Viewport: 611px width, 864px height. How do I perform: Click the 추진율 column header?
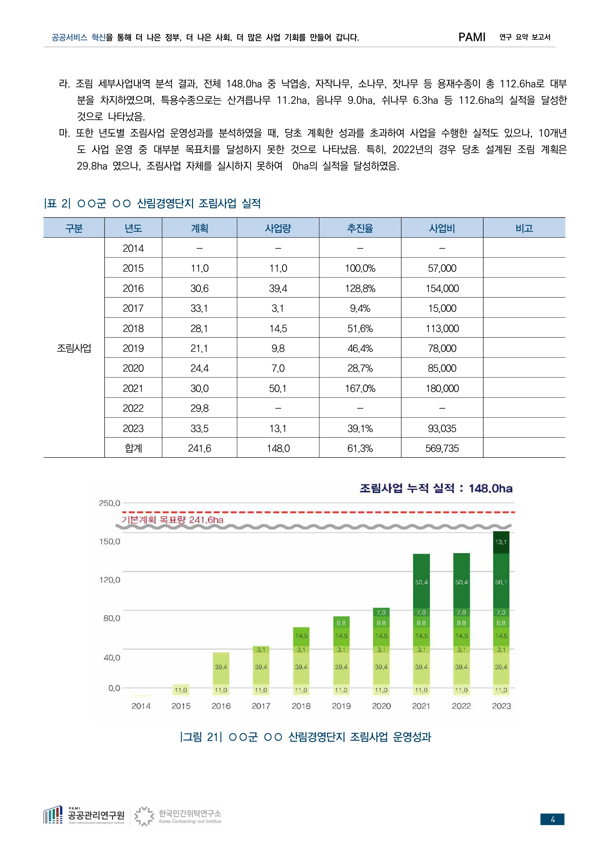point(360,228)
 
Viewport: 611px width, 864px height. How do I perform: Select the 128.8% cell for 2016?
point(360,288)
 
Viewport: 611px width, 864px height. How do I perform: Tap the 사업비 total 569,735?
point(442,448)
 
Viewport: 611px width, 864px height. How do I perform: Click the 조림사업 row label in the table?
point(74,348)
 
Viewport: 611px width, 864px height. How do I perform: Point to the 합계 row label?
point(133,448)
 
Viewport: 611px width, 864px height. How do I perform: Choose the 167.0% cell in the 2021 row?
point(360,388)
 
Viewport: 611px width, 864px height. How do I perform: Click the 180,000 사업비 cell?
point(442,388)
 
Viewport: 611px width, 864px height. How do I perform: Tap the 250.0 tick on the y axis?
point(110,503)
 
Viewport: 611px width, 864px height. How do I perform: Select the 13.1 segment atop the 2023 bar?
point(501,542)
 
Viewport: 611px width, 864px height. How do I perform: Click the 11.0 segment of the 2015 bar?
point(181,690)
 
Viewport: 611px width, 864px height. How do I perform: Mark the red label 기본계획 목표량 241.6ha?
point(172,520)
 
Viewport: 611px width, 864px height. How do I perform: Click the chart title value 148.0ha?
point(490,488)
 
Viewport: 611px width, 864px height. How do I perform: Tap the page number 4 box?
point(552,819)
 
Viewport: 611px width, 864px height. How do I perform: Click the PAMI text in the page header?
point(472,37)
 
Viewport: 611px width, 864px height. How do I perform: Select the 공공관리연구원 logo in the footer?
point(84,815)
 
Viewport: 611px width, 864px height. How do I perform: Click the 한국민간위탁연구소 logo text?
point(190,814)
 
